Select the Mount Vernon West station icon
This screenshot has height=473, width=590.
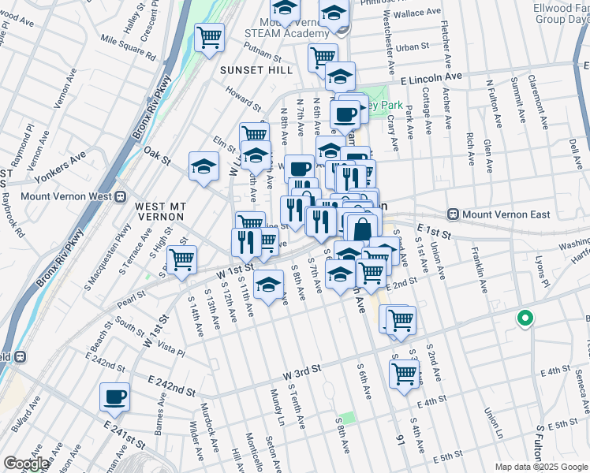(x=121, y=196)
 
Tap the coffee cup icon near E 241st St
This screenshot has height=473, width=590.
(x=115, y=397)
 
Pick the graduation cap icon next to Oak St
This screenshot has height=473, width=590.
(x=204, y=167)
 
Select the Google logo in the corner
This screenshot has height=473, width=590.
(x=27, y=464)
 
